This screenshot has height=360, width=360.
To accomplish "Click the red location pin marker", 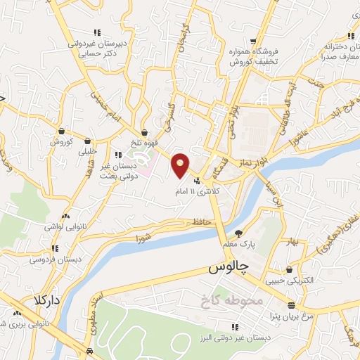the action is [x=180, y=165].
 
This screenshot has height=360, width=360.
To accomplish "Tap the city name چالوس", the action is [x=229, y=269].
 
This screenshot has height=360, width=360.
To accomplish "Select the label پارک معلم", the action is [x=237, y=244].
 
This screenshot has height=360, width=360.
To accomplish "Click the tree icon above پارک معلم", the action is [x=238, y=233].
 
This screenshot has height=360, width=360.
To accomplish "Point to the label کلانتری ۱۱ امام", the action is [x=198, y=190].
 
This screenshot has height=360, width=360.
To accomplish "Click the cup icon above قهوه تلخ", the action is [x=144, y=131].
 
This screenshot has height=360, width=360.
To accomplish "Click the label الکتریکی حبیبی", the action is [x=288, y=279].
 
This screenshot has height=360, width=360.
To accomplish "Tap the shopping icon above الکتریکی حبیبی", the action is [x=290, y=269].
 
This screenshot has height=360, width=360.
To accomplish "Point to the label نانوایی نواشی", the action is [x=65, y=226].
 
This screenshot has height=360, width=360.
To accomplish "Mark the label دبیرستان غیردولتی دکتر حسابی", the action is [x=102, y=47].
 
